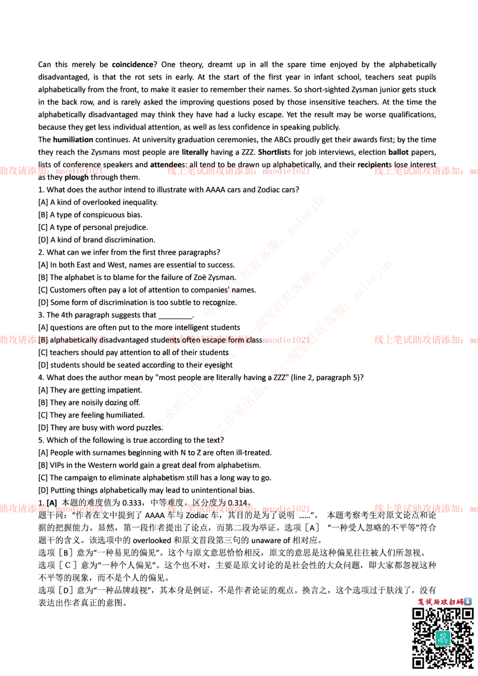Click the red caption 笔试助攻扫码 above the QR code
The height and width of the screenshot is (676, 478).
point(440,601)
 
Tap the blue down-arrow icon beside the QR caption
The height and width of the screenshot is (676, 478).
point(467,601)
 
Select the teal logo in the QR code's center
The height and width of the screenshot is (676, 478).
point(443,638)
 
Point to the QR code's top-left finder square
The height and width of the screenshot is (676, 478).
point(418,613)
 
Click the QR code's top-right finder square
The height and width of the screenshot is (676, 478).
point(467,613)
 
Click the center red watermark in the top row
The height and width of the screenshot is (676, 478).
point(238,171)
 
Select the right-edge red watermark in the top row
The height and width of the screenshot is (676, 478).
point(425,171)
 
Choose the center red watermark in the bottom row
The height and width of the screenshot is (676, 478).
point(238,508)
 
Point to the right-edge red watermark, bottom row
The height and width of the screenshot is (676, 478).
point(425,508)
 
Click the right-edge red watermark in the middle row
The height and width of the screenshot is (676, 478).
point(425,340)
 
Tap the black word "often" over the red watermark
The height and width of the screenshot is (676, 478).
point(190,340)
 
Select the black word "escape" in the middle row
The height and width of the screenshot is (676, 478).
point(214,340)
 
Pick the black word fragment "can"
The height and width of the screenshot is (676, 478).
point(137,378)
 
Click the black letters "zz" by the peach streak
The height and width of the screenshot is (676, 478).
point(276,376)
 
